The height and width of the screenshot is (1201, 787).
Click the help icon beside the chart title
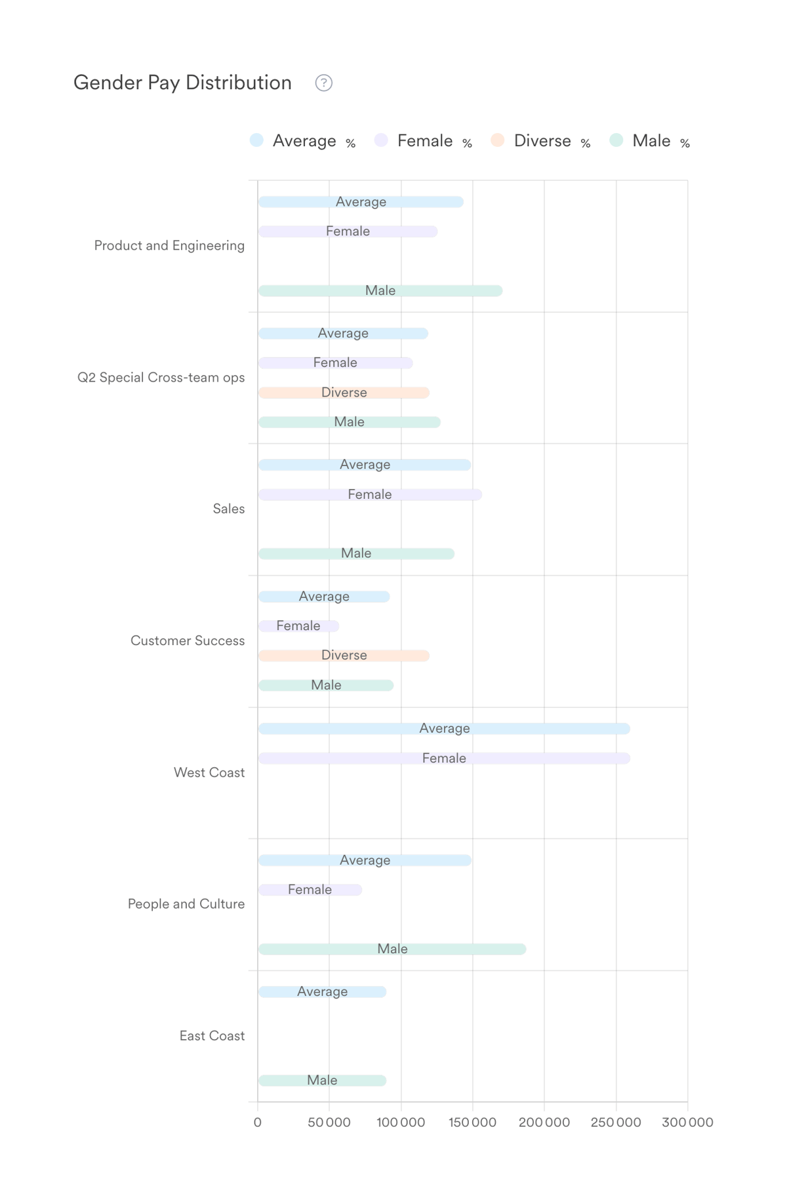tap(323, 83)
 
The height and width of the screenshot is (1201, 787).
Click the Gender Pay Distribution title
tap(182, 83)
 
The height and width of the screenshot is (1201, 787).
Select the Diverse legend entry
tap(542, 141)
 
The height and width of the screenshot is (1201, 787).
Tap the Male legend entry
tap(650, 141)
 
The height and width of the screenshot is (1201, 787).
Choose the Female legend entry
tap(424, 141)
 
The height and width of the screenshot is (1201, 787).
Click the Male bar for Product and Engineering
tap(380, 291)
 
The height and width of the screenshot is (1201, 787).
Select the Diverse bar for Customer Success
tap(344, 656)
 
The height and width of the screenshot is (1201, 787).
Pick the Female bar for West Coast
tap(444, 758)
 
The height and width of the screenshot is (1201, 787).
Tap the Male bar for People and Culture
tap(392, 949)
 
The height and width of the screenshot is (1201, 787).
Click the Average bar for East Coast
tap(322, 992)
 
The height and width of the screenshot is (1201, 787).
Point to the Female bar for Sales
tap(370, 495)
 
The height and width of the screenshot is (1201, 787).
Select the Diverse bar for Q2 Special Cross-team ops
tap(344, 393)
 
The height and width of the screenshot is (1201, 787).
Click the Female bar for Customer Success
tap(298, 626)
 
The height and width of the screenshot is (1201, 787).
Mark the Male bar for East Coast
tap(322, 1080)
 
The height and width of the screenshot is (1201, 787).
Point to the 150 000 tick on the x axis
tap(472, 1122)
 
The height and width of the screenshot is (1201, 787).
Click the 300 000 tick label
tap(687, 1122)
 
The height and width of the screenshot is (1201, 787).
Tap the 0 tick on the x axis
tap(258, 1122)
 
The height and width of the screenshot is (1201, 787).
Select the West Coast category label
tap(209, 773)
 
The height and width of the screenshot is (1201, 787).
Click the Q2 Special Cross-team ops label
tap(161, 378)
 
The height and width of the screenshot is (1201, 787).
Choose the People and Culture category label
tap(186, 904)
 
